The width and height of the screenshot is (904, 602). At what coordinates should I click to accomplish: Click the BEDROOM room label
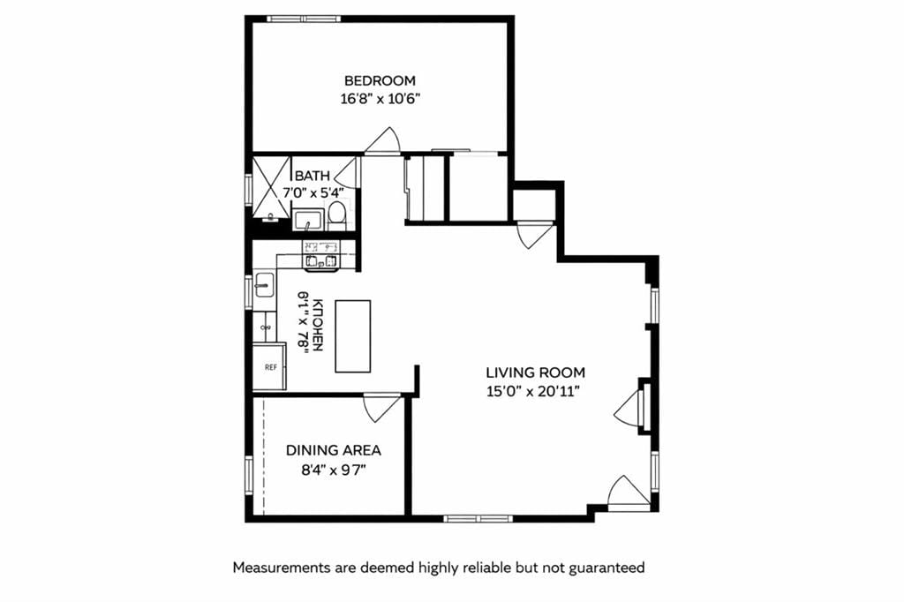(380, 80)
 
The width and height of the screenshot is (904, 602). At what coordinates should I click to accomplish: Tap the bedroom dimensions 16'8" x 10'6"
(380, 98)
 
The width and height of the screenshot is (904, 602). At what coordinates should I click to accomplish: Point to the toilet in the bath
(336, 213)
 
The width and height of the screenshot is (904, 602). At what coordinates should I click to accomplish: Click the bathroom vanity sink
(308, 219)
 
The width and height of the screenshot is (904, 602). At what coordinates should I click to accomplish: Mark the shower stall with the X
(271, 186)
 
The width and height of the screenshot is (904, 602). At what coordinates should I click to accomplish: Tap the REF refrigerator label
(269, 365)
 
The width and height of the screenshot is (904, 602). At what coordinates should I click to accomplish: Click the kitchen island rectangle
(352, 336)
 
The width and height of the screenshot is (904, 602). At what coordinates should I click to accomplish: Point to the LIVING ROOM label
(535, 372)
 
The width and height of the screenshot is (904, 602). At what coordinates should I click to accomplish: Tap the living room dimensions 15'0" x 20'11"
(535, 391)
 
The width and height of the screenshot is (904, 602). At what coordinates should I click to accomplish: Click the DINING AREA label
(334, 450)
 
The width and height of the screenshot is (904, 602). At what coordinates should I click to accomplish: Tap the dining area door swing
(382, 407)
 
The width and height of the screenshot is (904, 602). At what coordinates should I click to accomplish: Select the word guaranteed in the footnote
(606, 568)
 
